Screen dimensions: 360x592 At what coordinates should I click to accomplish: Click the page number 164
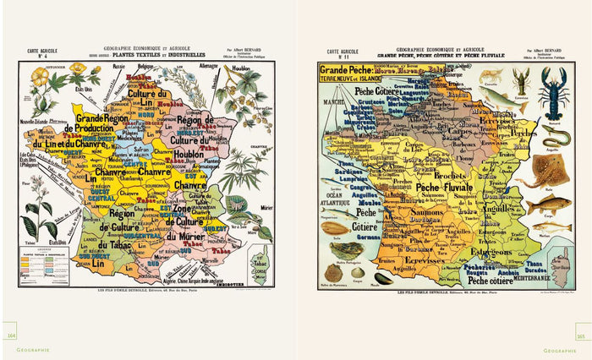pyautogui.click(x=12, y=334)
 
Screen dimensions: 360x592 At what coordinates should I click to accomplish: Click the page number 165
pyautogui.click(x=581, y=334)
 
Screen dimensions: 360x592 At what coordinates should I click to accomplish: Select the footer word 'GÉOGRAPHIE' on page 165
pyautogui.click(x=560, y=349)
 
